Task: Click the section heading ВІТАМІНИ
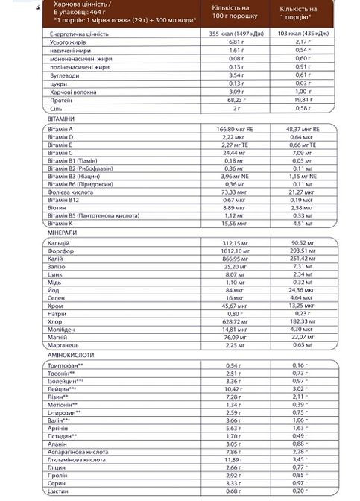pos(59,119)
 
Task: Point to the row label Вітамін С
pos(62,152)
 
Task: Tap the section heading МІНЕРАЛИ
pos(59,233)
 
